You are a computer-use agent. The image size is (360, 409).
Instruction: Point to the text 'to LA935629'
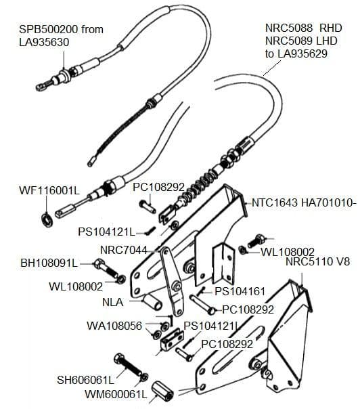[296, 53]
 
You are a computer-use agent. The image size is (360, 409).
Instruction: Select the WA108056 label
[114, 326]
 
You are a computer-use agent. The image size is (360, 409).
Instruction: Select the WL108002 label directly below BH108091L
[76, 286]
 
